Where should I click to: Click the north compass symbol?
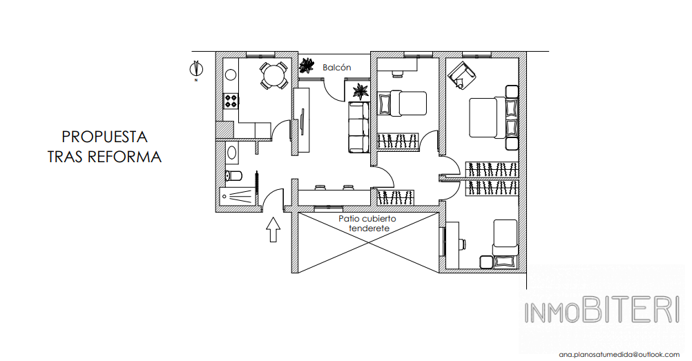tap(196, 69)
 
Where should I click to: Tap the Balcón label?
tap(337, 68)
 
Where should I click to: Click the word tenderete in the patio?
tap(369, 228)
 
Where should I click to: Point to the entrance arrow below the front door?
tap(273, 229)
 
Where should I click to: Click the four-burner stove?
tap(231, 101)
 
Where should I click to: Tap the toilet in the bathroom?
tap(233, 175)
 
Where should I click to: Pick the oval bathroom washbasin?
tap(231, 153)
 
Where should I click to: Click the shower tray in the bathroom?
tap(238, 195)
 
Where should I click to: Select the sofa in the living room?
tap(358, 127)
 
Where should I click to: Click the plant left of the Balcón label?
tap(306, 66)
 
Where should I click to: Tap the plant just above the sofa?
tap(361, 92)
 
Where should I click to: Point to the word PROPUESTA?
tap(104, 137)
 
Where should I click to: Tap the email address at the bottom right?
tap(619, 354)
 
